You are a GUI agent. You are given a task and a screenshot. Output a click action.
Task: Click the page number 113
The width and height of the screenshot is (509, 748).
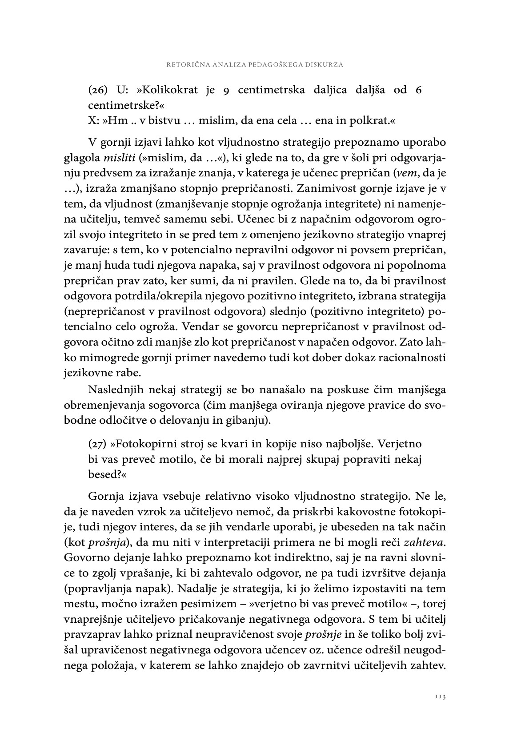click(x=440, y=696)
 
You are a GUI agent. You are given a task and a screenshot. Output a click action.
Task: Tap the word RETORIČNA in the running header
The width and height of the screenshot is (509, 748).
click(x=184, y=64)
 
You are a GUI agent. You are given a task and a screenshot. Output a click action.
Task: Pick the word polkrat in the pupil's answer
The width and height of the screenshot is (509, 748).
click(x=374, y=120)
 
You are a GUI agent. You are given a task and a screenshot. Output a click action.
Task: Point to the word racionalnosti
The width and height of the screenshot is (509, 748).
click(x=415, y=358)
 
